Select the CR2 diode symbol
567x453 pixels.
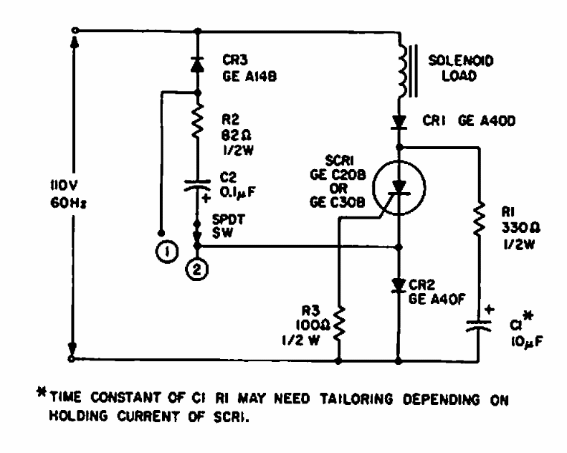399,285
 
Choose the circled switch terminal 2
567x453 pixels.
198,270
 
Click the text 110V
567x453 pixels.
48,184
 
